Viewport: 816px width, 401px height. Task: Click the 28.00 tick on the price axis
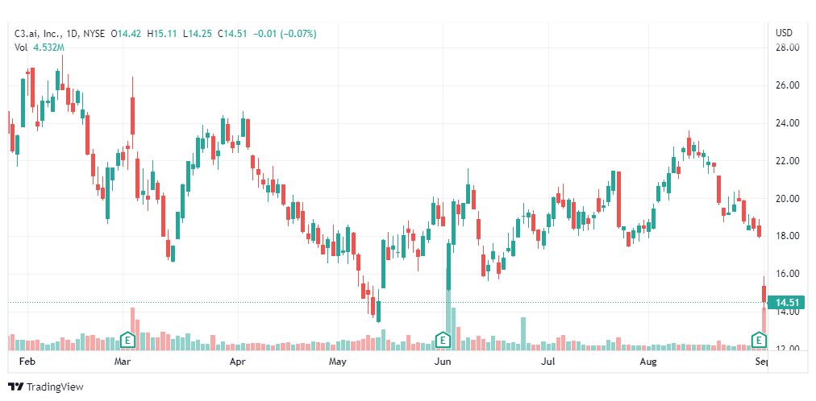click(x=787, y=48)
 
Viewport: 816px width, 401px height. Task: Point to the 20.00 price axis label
click(x=787, y=199)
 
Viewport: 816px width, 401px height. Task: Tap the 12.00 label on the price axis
click(x=787, y=349)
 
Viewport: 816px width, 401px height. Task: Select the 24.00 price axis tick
click(x=787, y=123)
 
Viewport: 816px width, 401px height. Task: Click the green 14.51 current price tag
click(x=785, y=303)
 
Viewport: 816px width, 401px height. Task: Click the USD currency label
click(x=784, y=33)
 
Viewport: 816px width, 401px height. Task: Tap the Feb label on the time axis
click(x=27, y=362)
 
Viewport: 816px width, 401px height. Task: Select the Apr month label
click(x=237, y=362)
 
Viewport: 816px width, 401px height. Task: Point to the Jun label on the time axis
click(x=442, y=362)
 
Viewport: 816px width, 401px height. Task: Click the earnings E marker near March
click(x=127, y=340)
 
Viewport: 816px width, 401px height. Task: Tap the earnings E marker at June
click(x=443, y=340)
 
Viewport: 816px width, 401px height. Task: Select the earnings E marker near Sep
click(x=759, y=340)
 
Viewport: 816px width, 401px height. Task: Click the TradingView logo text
click(x=55, y=387)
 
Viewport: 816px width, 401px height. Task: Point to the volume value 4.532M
click(x=48, y=48)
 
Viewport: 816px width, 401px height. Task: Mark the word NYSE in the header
click(x=95, y=34)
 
